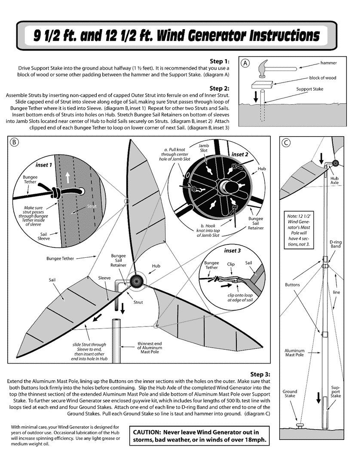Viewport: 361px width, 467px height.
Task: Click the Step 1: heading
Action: [219, 61]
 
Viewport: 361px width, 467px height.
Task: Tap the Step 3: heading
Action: [260, 374]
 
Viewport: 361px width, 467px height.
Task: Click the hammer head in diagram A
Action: [263, 67]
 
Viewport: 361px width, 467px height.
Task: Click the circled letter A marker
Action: [245, 62]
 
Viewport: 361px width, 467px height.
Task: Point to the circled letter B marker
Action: [14, 142]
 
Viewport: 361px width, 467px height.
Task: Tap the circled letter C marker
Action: [285, 142]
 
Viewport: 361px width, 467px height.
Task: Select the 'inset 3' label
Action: [233, 250]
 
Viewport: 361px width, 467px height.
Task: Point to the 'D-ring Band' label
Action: [335, 244]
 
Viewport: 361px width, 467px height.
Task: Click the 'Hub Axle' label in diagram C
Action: [334, 180]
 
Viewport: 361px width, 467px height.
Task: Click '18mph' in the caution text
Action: [253, 440]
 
